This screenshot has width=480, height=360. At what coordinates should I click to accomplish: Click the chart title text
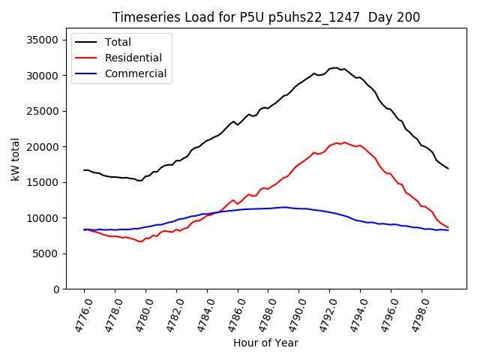(x=265, y=17)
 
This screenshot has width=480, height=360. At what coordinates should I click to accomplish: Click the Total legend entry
(x=118, y=42)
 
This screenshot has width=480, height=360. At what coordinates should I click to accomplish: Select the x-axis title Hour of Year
(x=265, y=343)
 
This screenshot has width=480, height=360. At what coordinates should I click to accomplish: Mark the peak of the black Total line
(x=336, y=67)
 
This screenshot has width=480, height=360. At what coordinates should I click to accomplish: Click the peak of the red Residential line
(x=344, y=142)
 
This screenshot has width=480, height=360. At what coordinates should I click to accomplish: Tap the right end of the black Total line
(x=448, y=168)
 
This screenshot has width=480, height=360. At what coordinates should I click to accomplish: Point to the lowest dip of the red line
(x=141, y=241)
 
